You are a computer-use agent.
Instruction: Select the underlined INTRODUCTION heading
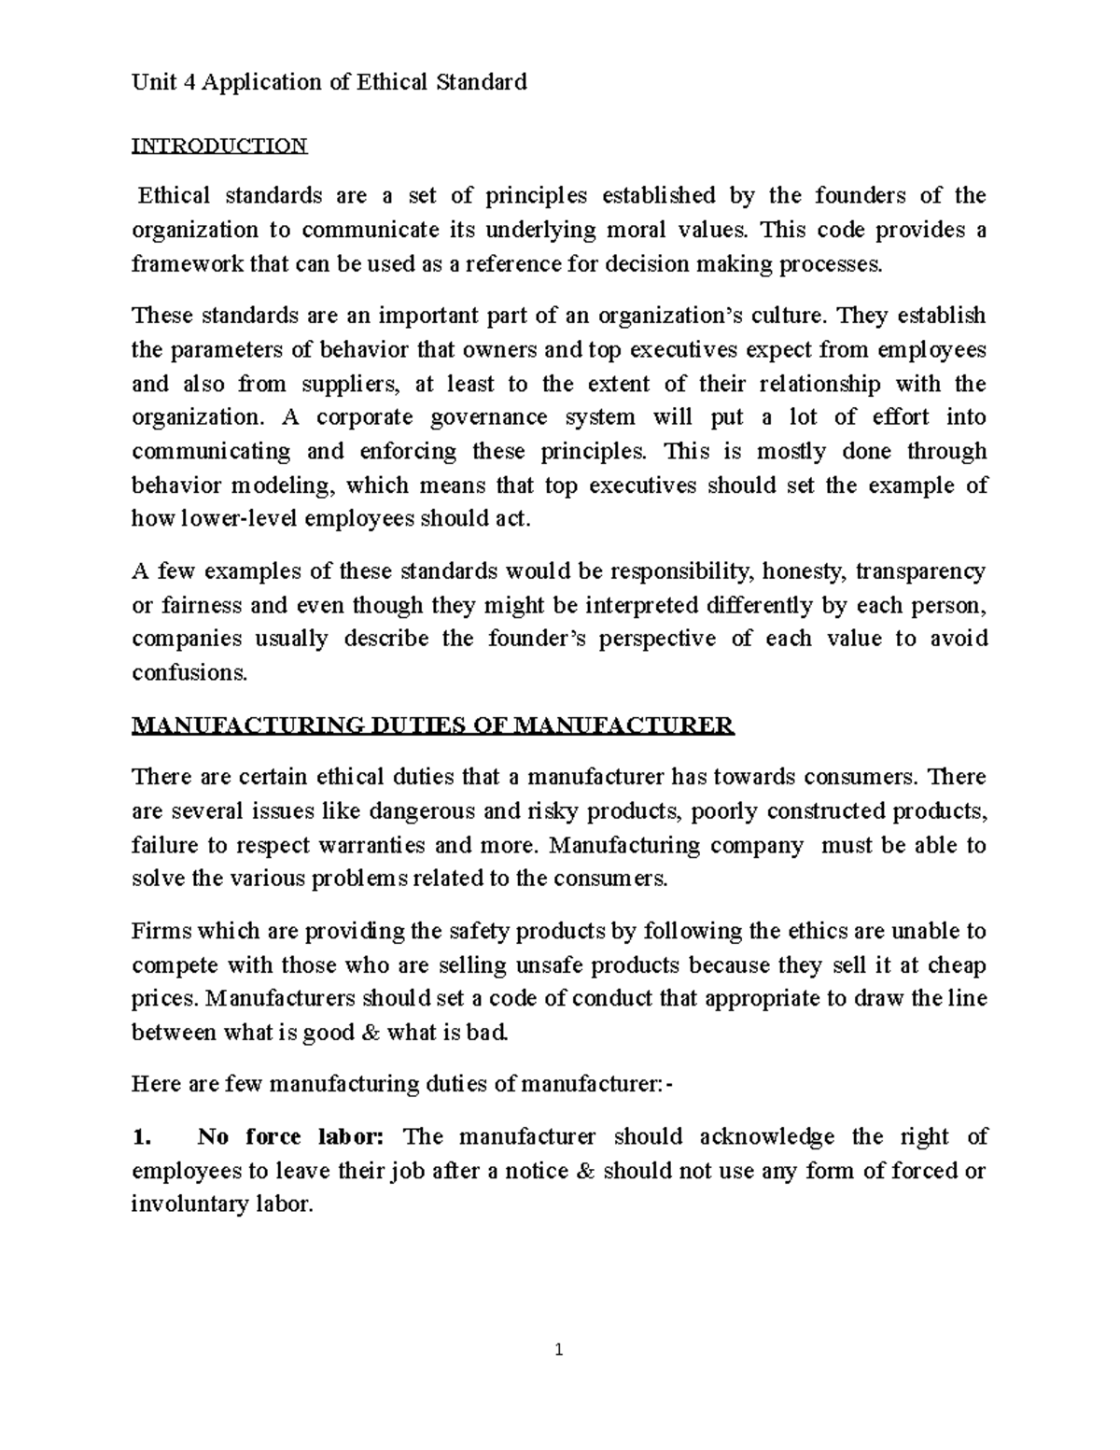[219, 146]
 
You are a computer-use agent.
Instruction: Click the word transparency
[920, 571]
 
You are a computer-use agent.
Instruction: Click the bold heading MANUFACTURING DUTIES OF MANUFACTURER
[433, 725]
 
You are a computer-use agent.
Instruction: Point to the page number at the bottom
[558, 1349]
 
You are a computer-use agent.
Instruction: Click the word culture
[792, 316]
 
